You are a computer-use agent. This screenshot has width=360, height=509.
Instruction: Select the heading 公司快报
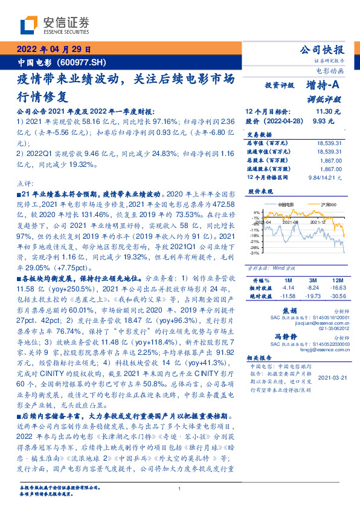point(321,50)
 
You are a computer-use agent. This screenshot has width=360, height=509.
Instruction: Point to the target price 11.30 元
point(329,112)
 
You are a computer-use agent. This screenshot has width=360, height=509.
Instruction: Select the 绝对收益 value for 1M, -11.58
point(286,296)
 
